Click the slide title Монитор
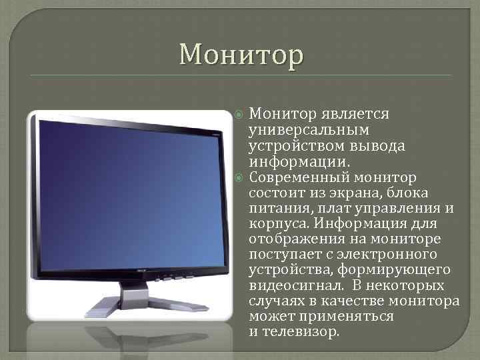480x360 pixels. [x=241, y=54]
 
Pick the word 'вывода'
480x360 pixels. [x=383, y=145]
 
